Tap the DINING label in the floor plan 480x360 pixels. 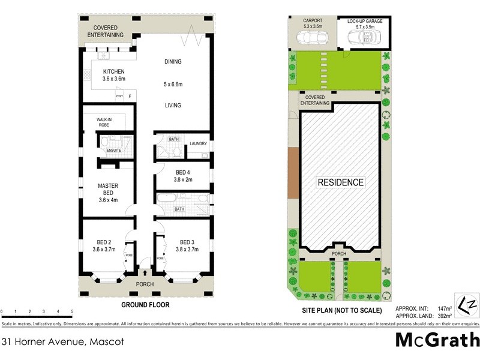pos(172,62)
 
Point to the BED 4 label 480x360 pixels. pos(182,172)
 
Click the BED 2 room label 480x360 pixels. pos(103,243)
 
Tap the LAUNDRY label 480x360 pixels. pos(198,143)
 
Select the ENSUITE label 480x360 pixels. pos(113,150)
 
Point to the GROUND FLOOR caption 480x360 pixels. pos(145,305)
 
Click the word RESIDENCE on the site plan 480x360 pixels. pos(340,182)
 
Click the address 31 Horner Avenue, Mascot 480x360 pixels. pos(55,342)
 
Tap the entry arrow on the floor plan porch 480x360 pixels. pos(145,274)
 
